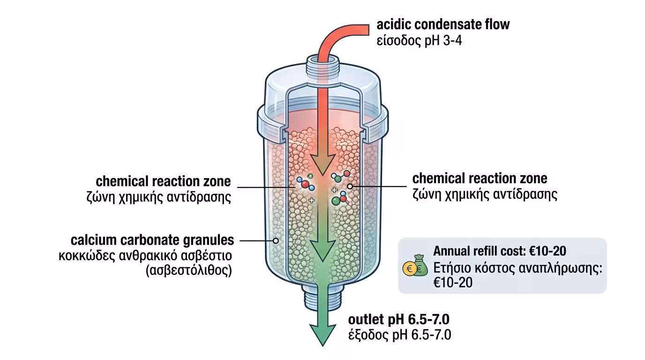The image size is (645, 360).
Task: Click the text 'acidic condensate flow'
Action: [x=442, y=24]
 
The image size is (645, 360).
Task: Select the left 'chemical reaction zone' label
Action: [x=163, y=181]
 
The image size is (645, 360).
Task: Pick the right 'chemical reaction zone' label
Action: [x=480, y=179]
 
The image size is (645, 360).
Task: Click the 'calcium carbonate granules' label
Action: [x=152, y=240]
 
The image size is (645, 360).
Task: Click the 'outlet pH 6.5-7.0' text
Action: [x=399, y=320]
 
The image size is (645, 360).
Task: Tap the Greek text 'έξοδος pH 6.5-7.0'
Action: [x=399, y=335]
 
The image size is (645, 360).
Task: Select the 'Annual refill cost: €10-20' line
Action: [x=499, y=251]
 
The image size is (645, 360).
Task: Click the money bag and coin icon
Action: [x=415, y=266]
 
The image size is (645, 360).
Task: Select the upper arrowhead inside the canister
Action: [x=322, y=164]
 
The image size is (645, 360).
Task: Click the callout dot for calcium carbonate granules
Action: [x=276, y=240]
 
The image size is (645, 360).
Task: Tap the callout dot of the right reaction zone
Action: [x=350, y=186]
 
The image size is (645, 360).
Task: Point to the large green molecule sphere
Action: [x=336, y=201]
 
